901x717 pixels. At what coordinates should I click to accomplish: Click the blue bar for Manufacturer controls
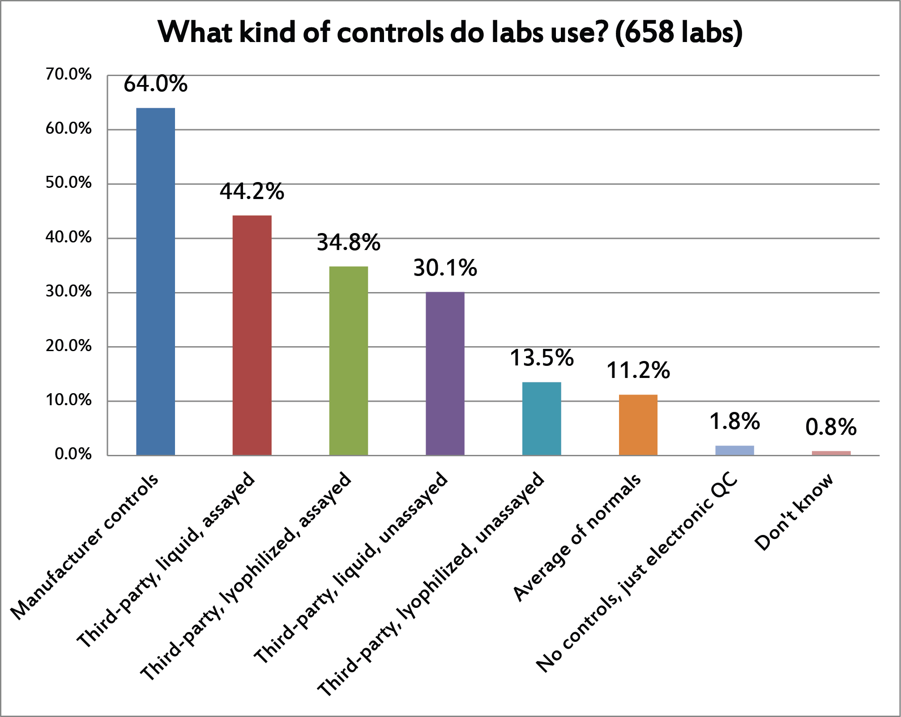point(155,282)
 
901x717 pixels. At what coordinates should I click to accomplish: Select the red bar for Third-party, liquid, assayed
point(252,335)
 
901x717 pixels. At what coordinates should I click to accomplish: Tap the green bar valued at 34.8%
point(349,361)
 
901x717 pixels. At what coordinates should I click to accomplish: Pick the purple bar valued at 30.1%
point(445,373)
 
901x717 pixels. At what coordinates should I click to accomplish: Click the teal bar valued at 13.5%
point(542,419)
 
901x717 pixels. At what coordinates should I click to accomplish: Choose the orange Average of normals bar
point(638,425)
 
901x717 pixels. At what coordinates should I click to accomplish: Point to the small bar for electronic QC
point(734,450)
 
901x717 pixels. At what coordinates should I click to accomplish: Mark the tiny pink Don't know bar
point(831,453)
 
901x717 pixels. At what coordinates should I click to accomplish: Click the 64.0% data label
point(155,84)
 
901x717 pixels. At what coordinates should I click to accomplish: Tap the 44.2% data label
point(252,191)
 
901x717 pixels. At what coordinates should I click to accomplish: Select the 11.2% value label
point(638,370)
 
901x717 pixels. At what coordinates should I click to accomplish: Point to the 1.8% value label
point(734,421)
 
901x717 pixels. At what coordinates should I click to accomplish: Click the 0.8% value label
point(831,427)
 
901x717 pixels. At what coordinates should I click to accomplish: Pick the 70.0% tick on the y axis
point(68,74)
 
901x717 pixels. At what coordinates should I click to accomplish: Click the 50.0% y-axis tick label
point(68,183)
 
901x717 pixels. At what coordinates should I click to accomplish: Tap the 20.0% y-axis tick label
point(68,346)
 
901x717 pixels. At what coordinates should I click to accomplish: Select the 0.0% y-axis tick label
point(73,454)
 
